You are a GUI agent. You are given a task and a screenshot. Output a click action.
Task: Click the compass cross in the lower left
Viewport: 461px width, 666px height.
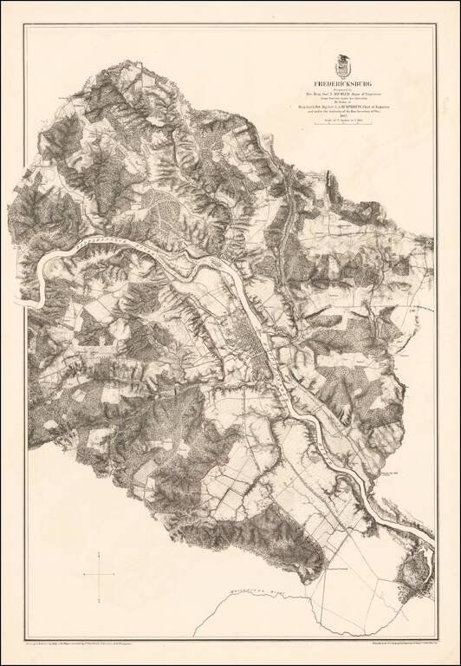click(x=101, y=572)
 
